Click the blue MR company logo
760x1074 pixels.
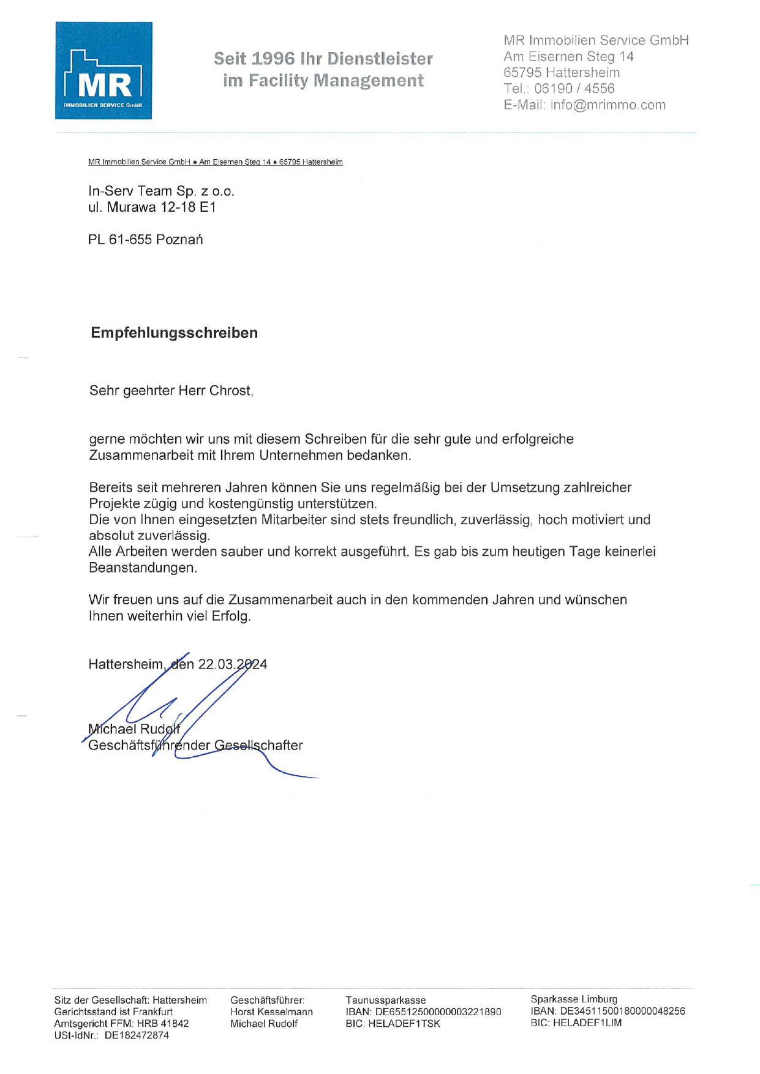tap(103, 70)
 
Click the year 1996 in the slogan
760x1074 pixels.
tap(273, 59)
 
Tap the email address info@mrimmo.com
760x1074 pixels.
tap(608, 105)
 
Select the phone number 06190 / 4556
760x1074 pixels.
tap(574, 88)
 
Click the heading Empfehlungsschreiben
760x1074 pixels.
tap(174, 332)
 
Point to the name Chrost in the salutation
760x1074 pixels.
tap(230, 391)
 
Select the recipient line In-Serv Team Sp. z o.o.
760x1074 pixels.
tap(161, 191)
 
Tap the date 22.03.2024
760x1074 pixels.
tap(232, 664)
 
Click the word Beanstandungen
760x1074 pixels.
tap(143, 568)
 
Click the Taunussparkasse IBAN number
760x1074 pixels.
tap(438, 1012)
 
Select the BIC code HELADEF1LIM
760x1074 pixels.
tap(587, 1023)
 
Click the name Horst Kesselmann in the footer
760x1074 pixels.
tap(271, 1012)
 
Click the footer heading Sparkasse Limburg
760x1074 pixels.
tap(574, 999)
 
